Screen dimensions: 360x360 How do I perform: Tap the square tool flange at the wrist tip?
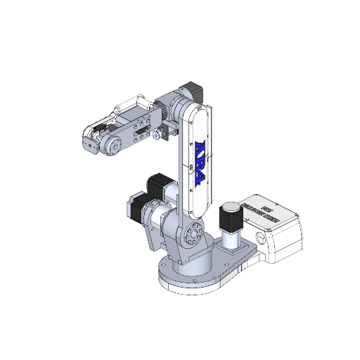[89, 146]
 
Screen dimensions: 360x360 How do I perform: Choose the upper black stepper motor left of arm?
[157, 186]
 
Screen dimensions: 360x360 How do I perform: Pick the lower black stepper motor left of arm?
[138, 208]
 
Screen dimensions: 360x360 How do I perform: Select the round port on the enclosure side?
[261, 239]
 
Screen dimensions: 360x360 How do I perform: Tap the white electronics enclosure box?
[278, 232]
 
